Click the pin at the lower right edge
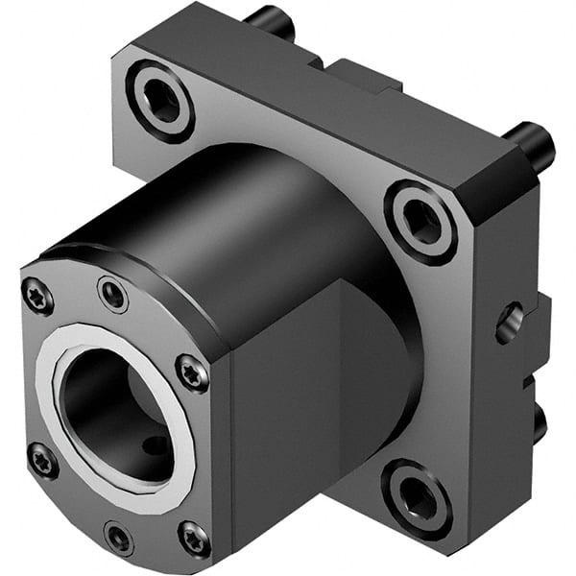pyautogui.click(x=540, y=421)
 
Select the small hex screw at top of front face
pyautogui.click(x=113, y=294)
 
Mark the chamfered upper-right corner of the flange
pyautogui.click(x=509, y=178)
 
